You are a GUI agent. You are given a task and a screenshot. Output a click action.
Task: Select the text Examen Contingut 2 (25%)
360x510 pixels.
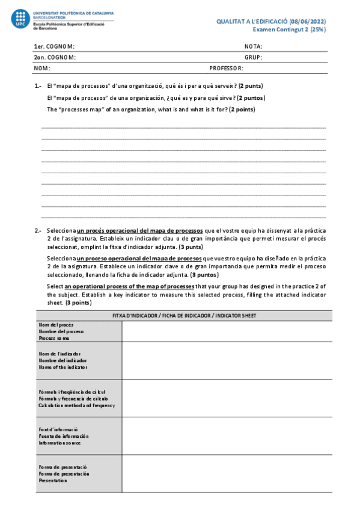click(288, 29)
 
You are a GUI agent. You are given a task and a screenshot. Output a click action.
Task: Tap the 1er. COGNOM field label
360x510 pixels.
click(54, 46)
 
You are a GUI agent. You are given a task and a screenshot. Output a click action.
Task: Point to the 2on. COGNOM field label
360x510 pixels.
click(55, 58)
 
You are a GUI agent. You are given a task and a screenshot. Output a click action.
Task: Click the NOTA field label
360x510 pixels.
click(253, 46)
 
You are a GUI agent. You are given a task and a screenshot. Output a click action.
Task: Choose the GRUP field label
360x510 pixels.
click(253, 58)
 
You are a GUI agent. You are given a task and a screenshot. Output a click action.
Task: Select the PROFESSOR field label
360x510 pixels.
click(226, 69)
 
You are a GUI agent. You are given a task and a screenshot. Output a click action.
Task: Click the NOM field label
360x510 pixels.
click(41, 69)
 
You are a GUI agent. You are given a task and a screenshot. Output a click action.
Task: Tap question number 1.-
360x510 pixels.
click(38, 86)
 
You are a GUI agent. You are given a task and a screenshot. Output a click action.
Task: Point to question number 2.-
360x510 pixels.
click(38, 230)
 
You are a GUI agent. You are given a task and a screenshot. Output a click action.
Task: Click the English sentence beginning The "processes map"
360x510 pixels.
click(150, 109)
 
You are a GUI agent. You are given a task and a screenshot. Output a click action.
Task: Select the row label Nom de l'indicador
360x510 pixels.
click(59, 354)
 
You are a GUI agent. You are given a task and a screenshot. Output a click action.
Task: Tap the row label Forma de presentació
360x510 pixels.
click(63, 467)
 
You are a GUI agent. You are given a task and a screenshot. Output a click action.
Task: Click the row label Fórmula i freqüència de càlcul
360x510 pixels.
click(72, 392)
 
